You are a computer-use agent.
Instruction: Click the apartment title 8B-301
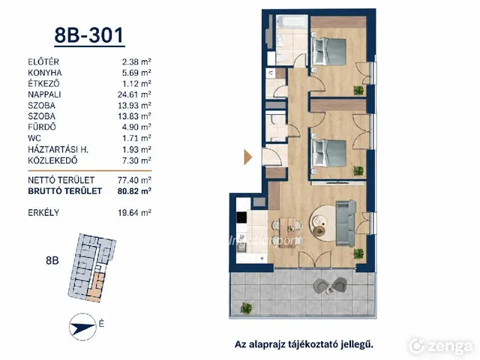pyautogui.click(x=89, y=35)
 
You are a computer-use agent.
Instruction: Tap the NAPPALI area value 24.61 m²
pyautogui.click(x=134, y=94)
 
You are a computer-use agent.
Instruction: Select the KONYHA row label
pyautogui.click(x=45, y=73)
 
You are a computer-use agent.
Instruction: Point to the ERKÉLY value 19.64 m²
pyautogui.click(x=134, y=212)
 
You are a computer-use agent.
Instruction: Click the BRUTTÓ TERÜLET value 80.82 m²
pyautogui.click(x=134, y=191)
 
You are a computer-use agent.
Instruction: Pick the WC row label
pyautogui.click(x=34, y=138)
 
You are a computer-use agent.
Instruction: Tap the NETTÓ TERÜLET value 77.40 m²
pyautogui.click(x=134, y=180)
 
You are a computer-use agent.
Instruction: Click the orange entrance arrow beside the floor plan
pyautogui.click(x=247, y=157)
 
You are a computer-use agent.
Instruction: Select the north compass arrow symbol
pyautogui.click(x=82, y=327)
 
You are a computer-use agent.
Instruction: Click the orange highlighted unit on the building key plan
pyautogui.click(x=96, y=287)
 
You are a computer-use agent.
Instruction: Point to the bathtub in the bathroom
pyautogui.click(x=292, y=22)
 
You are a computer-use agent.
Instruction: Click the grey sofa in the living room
pyautogui.click(x=346, y=223)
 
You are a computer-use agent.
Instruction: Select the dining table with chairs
pyautogui.click(x=287, y=226)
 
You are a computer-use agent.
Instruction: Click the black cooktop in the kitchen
pyautogui.click(x=241, y=217)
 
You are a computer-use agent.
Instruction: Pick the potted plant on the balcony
pyautogui.click(x=246, y=307)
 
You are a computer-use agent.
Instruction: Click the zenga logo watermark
pyautogui.click(x=441, y=346)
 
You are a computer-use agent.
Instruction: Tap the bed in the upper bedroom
pyautogui.click(x=328, y=51)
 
